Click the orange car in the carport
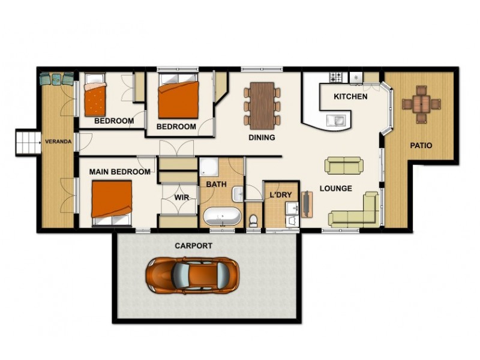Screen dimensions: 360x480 coord(191,275)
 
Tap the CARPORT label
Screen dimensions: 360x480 coord(193,246)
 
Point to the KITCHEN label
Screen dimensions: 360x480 coord(350,97)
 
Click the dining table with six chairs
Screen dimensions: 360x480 coord(262,105)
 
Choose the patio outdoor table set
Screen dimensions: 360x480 coord(421,104)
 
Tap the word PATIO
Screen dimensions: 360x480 coord(421,145)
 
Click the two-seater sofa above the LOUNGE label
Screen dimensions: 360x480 coord(344,165)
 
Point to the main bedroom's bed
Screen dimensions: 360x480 coord(112,202)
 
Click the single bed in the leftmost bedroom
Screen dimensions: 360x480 coord(95,98)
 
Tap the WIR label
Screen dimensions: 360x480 coord(182,197)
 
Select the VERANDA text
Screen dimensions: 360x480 coord(58,142)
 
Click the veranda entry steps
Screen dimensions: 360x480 coord(26,142)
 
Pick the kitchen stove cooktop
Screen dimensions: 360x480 coord(335,77)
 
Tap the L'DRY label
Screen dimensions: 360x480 coord(280,195)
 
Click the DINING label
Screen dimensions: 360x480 coord(262,137)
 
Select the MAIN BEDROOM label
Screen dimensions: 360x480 coord(119,172)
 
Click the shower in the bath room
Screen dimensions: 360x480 coord(209,167)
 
